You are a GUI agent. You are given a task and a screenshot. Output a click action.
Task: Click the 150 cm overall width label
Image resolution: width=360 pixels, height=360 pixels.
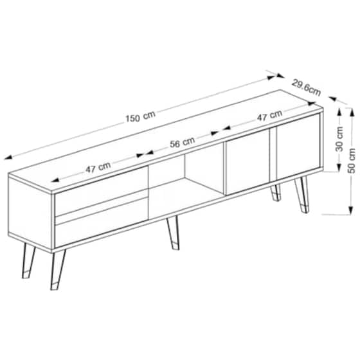(x=140, y=116)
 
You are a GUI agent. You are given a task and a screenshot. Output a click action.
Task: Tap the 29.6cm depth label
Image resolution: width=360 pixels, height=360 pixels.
(x=306, y=87)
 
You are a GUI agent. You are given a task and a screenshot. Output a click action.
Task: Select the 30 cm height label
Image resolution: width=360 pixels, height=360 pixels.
(x=339, y=139)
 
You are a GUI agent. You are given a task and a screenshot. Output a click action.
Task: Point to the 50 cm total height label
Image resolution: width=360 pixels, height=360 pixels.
(x=352, y=161)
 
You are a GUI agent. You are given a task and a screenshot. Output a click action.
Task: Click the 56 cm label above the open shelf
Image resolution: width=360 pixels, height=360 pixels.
(x=183, y=142)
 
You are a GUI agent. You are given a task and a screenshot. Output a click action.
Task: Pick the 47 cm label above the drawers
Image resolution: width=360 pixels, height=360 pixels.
(x=98, y=167)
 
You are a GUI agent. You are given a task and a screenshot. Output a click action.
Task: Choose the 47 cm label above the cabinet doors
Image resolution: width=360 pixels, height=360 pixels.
(x=269, y=116)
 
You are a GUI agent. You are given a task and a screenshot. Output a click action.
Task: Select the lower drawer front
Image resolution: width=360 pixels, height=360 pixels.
(x=102, y=222)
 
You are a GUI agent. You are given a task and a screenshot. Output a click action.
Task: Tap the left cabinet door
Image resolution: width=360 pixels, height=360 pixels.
(x=248, y=161)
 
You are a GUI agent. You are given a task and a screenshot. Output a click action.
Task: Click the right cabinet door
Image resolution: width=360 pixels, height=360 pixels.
(x=298, y=147)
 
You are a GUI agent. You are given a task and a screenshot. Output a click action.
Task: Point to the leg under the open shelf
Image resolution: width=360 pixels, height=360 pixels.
(x=174, y=233)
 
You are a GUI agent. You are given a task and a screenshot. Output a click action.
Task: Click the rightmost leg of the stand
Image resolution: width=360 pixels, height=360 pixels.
(x=301, y=195)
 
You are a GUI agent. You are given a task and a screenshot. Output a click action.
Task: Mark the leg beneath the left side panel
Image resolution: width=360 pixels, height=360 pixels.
(x=28, y=261)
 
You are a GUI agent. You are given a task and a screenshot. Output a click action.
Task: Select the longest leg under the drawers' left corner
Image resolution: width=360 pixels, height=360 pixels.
(x=58, y=270)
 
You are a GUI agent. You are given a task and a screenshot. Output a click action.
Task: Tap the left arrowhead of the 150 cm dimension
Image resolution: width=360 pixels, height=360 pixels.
(x=8, y=157)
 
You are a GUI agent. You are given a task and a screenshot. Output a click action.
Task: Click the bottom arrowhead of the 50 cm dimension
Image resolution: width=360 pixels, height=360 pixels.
(x=350, y=210)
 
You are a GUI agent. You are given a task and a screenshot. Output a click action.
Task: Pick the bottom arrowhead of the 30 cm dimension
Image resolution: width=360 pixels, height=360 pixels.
(x=338, y=168)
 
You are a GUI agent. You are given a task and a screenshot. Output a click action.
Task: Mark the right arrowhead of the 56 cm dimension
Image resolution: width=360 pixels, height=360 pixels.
(x=215, y=133)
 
